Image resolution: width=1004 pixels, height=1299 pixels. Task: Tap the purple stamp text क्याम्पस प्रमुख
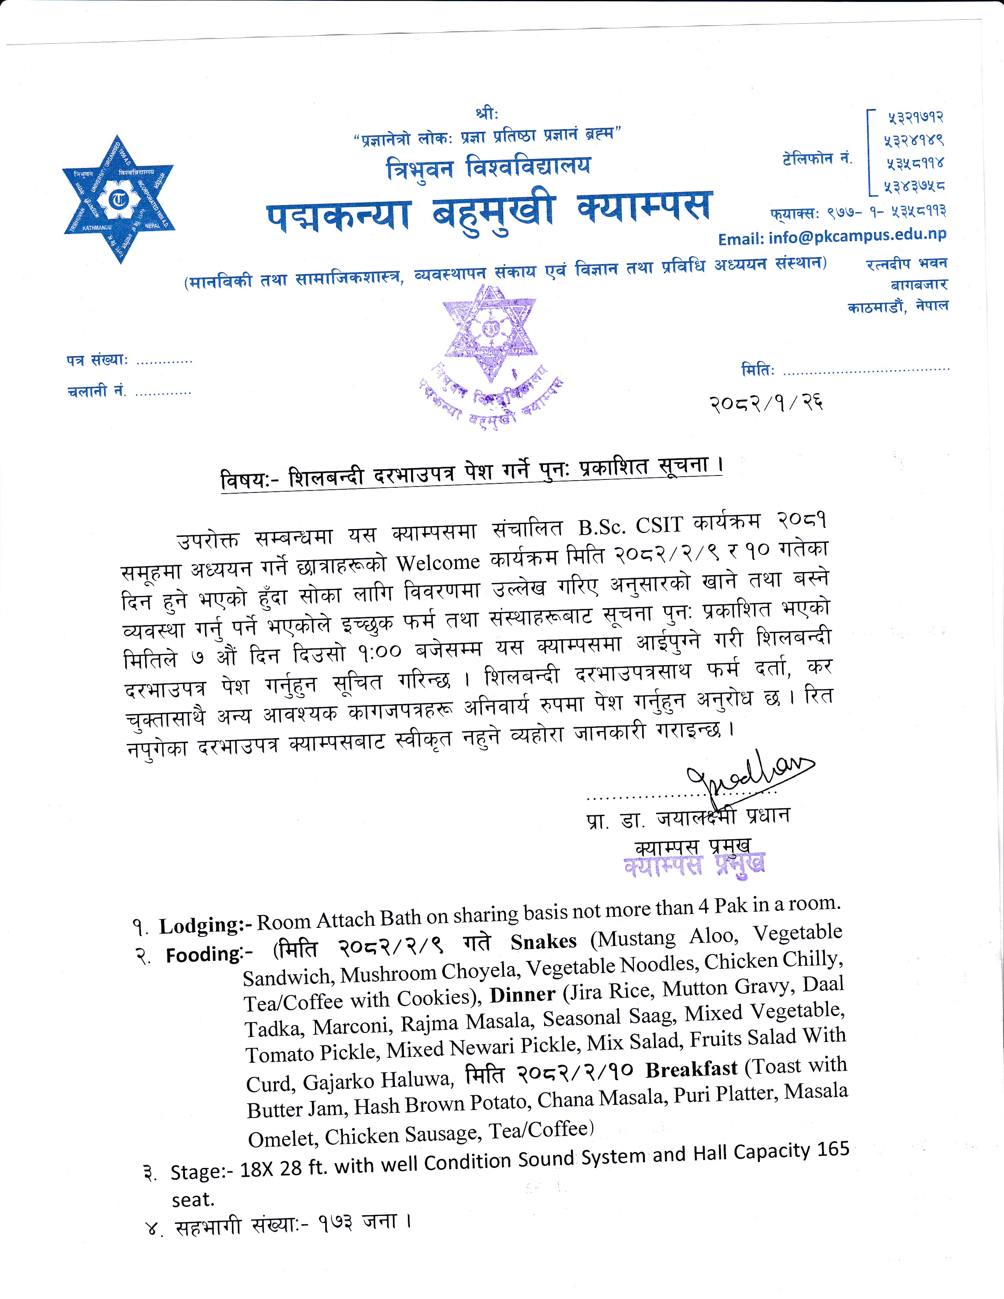pyautogui.click(x=694, y=865)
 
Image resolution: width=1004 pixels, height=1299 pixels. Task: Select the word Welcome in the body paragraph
pyautogui.click(x=438, y=563)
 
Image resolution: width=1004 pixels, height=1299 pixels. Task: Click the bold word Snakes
pyautogui.click(x=543, y=942)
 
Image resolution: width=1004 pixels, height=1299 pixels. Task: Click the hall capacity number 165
pyautogui.click(x=833, y=1150)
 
